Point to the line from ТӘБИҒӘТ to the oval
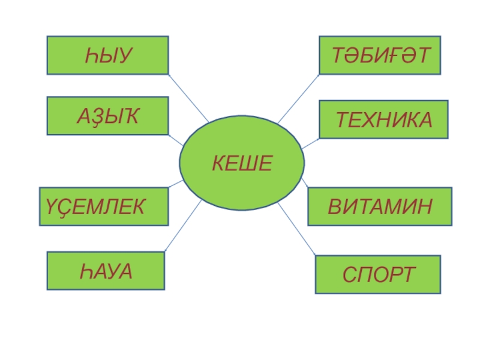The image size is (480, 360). point(298,99)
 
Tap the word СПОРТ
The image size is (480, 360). point(379,275)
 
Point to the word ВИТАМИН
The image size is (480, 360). point(379,207)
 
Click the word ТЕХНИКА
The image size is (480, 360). point(383,120)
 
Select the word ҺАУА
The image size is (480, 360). point(106,272)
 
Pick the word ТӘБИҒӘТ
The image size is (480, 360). point(380,56)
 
